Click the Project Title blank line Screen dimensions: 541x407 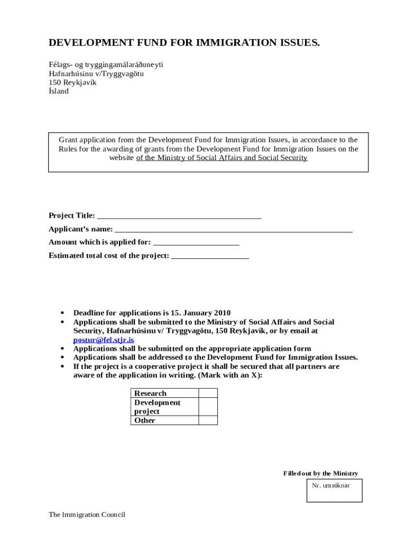[179, 216]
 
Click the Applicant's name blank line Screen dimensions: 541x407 [233, 230]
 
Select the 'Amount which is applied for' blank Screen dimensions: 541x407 [196, 243]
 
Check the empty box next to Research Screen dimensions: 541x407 [208, 393]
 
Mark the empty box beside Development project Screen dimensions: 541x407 [208, 407]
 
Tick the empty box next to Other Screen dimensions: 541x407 [208, 421]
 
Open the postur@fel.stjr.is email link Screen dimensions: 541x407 [104, 340]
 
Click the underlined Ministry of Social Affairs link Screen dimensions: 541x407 [222, 158]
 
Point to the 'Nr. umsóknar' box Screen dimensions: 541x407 [334, 491]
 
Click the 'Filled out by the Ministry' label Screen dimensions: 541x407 [320, 473]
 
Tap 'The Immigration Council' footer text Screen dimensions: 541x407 [87, 515]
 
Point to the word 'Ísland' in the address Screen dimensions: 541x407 [59, 91]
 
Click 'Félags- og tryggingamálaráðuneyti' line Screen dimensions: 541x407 [106, 64]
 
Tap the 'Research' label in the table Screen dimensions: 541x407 [150, 393]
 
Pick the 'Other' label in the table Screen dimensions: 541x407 [145, 421]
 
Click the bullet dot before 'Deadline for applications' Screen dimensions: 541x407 [63, 313]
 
